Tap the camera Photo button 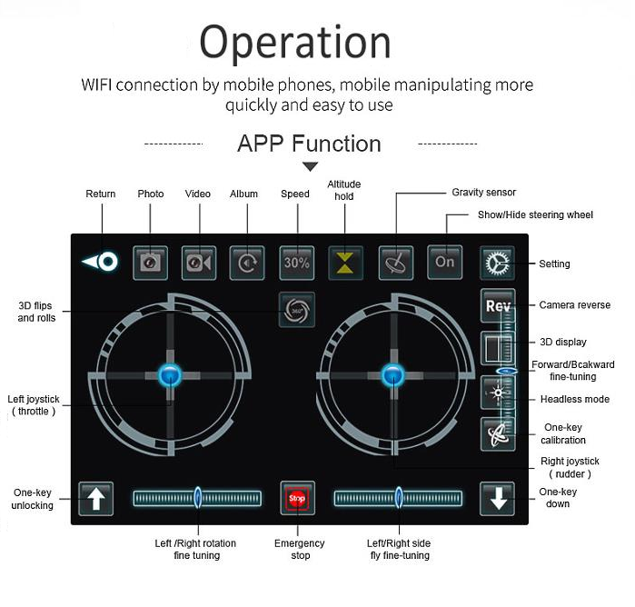[150, 263]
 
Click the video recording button [199, 263]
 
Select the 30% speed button [296, 263]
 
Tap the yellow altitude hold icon [345, 263]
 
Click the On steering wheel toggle [444, 263]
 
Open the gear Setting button [497, 264]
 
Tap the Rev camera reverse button [498, 305]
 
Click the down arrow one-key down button [497, 498]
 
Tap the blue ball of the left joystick [170, 375]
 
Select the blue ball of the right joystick [392, 375]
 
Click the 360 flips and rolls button [297, 310]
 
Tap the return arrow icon [100, 262]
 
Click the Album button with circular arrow [247, 263]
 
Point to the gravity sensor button [396, 263]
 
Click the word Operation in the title [295, 43]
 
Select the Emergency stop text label [300, 549]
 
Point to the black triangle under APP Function [310, 166]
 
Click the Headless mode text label [575, 399]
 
